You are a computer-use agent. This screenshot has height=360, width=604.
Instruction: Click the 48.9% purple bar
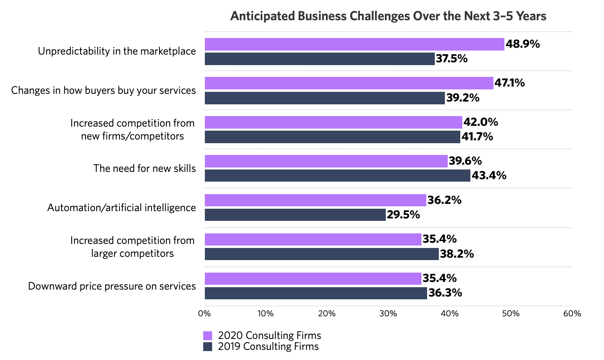[x=354, y=44]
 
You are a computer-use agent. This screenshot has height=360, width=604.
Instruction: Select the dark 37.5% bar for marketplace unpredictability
[x=319, y=59]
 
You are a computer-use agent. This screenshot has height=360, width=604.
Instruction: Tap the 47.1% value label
[x=510, y=83]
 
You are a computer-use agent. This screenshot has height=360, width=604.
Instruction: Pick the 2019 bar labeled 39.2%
[x=325, y=98]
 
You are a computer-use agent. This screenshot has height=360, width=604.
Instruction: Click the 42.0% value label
[x=481, y=122]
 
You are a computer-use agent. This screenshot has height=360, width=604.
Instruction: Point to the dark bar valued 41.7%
[x=332, y=137]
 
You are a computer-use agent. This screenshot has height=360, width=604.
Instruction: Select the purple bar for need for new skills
[x=326, y=161]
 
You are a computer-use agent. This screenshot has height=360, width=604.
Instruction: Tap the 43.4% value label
[x=489, y=176]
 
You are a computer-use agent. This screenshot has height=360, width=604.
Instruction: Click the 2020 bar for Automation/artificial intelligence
[x=315, y=200]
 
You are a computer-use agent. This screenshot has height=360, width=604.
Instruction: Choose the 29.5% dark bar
[x=295, y=215]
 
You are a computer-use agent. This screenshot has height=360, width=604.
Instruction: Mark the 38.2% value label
[x=457, y=254]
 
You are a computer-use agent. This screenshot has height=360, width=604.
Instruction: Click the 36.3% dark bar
[x=316, y=293]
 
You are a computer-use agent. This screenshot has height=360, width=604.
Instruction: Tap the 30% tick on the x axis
[x=388, y=313]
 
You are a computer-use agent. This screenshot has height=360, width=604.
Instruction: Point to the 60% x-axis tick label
[x=572, y=313]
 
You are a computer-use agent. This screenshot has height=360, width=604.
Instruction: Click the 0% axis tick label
[x=204, y=313]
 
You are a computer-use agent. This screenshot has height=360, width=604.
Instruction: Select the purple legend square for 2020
[x=208, y=336]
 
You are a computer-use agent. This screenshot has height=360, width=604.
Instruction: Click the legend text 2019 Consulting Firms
[x=268, y=347]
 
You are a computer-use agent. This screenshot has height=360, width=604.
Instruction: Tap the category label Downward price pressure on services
[x=112, y=286]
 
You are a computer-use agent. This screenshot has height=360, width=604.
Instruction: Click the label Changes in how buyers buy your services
[x=103, y=91]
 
